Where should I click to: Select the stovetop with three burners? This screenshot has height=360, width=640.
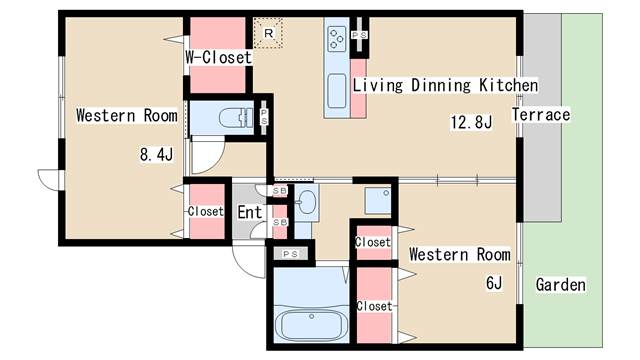click(x=337, y=39)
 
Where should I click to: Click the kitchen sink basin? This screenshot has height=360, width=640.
click(x=337, y=91)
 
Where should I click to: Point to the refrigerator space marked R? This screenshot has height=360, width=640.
click(x=268, y=33)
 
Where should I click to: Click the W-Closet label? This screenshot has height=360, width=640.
click(x=218, y=57)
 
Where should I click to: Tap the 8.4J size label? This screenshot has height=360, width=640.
click(x=156, y=154)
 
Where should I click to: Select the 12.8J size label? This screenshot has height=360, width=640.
click(x=471, y=122)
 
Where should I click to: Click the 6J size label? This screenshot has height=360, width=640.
click(x=494, y=282)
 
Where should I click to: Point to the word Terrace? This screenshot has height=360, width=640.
click(x=541, y=115)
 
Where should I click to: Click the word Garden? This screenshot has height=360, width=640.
click(x=561, y=284)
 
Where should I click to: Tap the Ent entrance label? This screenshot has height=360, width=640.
click(x=249, y=212)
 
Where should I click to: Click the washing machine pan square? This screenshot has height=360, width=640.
click(x=378, y=200)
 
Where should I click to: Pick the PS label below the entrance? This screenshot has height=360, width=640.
click(x=290, y=254)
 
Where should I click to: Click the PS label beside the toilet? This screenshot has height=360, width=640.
click(x=264, y=116)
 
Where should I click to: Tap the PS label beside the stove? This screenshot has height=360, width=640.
click(x=359, y=36)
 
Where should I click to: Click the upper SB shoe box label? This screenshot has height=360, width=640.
click(x=280, y=191)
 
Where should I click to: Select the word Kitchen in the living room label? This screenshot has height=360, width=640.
click(x=508, y=85)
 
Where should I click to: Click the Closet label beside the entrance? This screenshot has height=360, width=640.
click(x=206, y=211)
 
